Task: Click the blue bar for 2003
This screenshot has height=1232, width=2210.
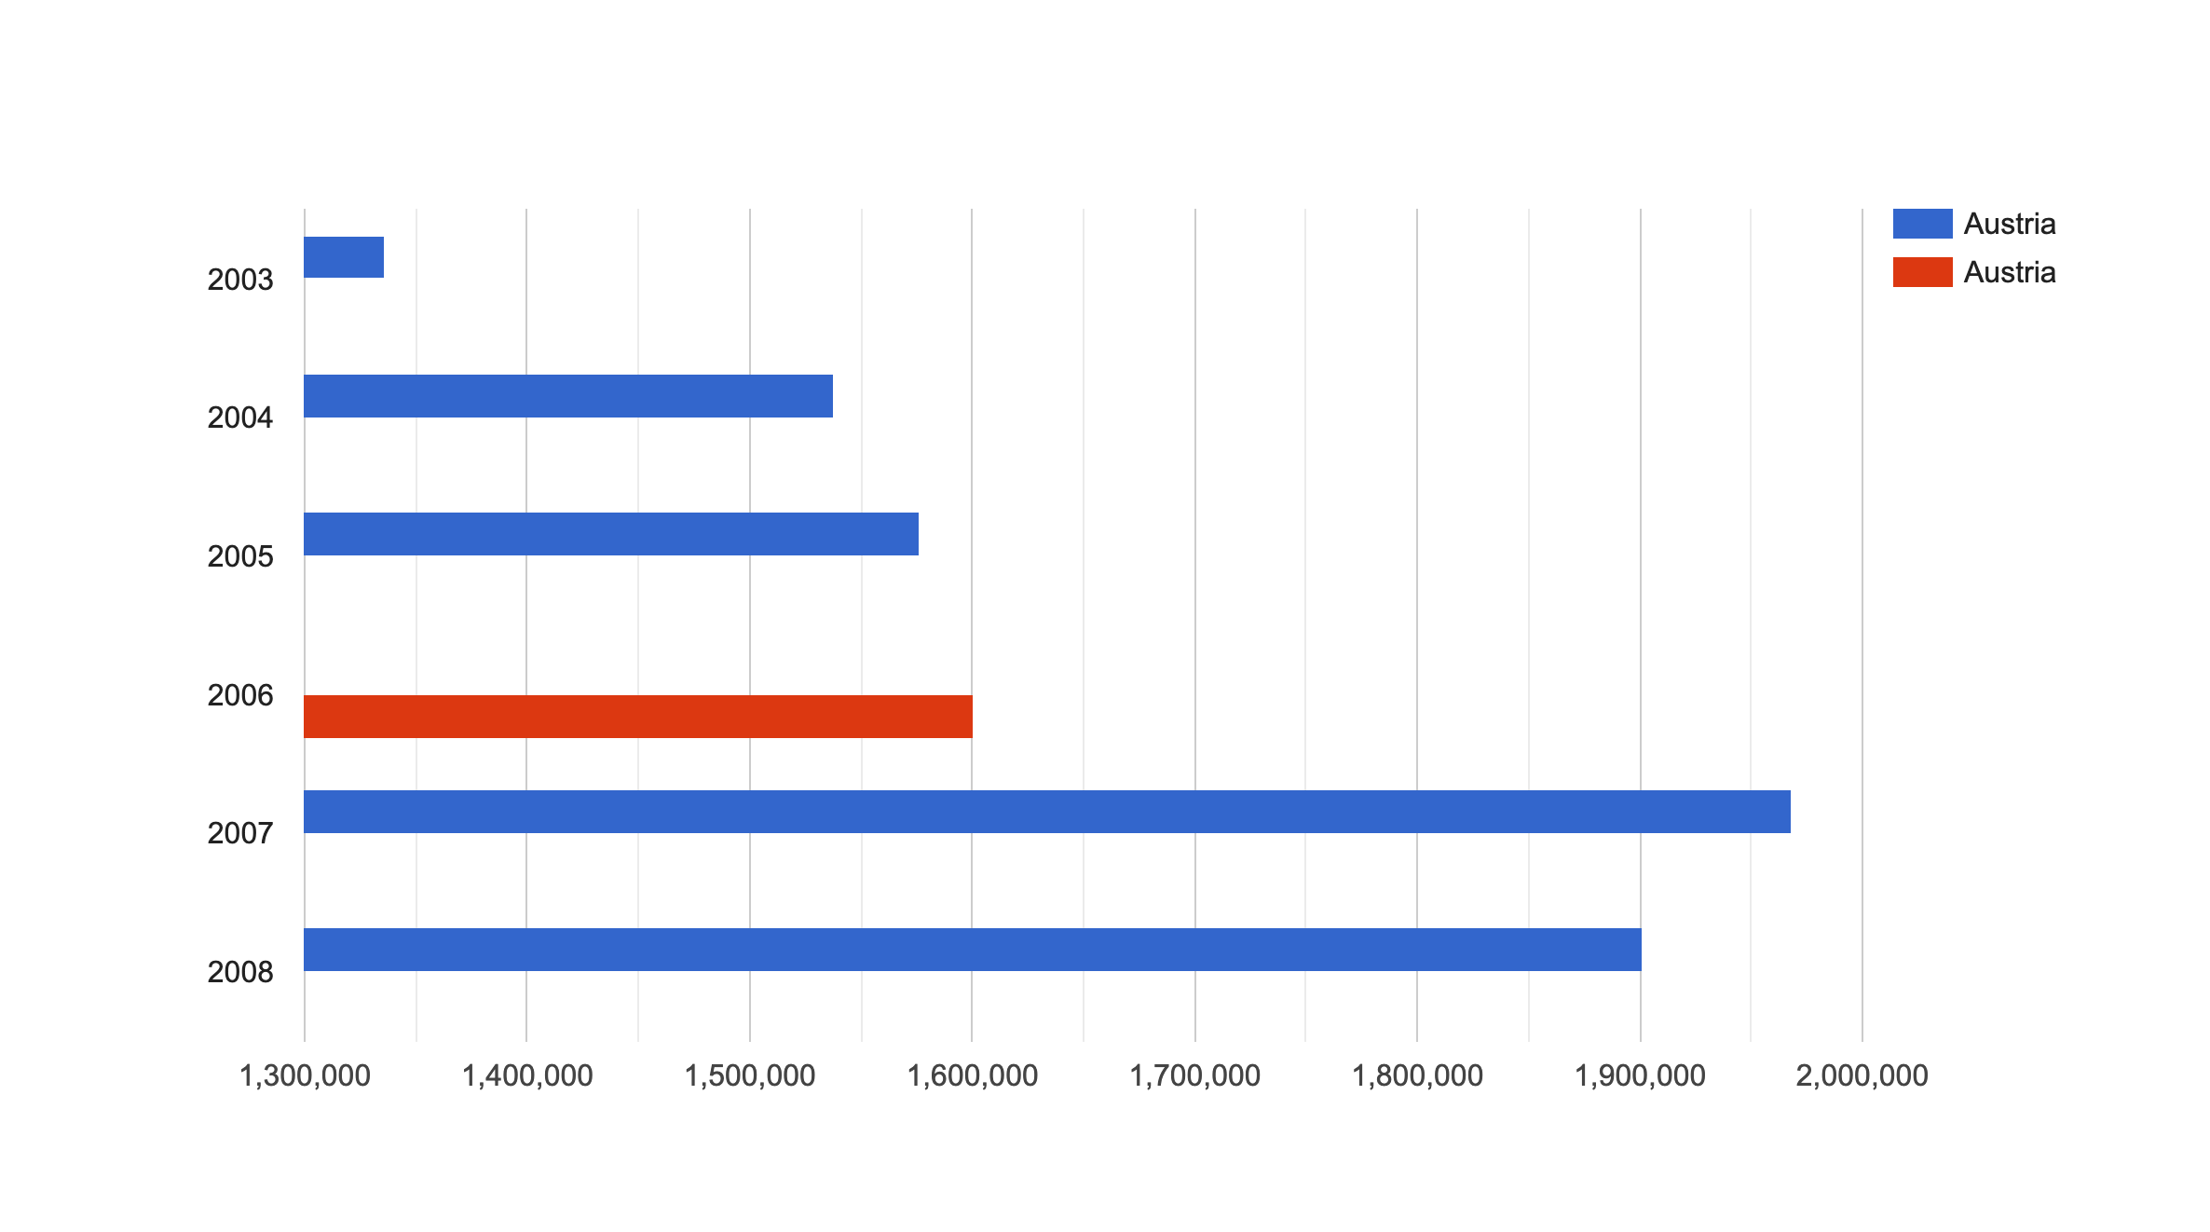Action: (x=344, y=257)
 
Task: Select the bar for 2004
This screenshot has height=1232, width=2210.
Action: (x=568, y=396)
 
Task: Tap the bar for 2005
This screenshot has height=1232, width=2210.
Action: (x=611, y=534)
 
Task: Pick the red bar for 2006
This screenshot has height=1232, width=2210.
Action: (x=638, y=717)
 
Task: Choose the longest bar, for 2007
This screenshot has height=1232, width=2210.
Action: (x=1047, y=812)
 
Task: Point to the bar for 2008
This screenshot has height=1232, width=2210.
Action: (x=973, y=950)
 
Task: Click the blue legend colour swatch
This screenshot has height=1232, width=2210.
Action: (x=1922, y=224)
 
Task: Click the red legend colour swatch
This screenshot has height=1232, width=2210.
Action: (x=1922, y=272)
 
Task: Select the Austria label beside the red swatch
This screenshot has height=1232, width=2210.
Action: (x=2009, y=272)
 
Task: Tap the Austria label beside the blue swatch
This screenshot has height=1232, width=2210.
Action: (x=2009, y=224)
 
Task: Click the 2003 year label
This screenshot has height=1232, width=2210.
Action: (x=240, y=280)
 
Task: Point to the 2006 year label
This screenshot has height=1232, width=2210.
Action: (x=240, y=695)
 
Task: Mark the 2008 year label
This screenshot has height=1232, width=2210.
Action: (x=240, y=973)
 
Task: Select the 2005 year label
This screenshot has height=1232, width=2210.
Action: (x=240, y=556)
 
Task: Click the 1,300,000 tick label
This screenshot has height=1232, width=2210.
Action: (x=305, y=1075)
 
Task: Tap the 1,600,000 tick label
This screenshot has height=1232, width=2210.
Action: (x=972, y=1075)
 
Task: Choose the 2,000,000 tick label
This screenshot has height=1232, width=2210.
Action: (x=1862, y=1075)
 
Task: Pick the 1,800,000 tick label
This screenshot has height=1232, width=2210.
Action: (x=1417, y=1075)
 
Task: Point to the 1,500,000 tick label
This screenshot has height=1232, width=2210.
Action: (x=750, y=1075)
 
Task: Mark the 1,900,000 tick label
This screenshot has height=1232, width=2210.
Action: (x=1640, y=1075)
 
